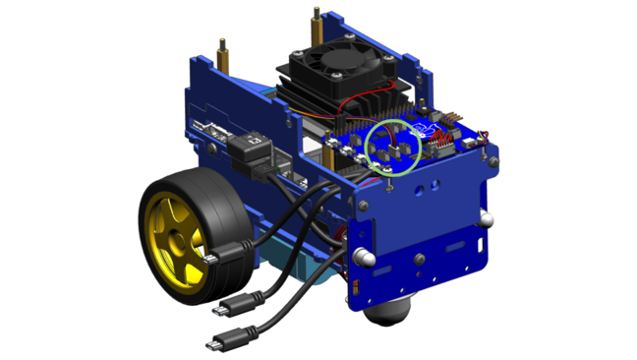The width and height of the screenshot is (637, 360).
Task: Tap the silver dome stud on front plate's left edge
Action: [x=363, y=258]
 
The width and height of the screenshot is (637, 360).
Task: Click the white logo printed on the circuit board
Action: [x=429, y=129]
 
